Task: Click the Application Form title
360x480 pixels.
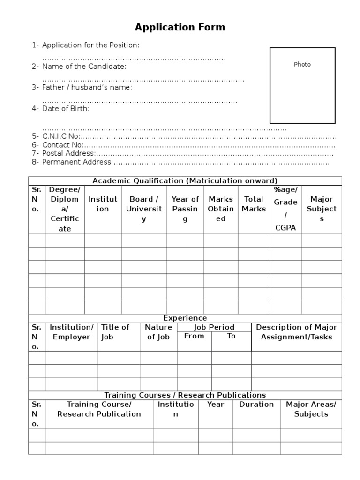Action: pos(180,27)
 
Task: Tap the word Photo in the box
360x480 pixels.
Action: pos(302,64)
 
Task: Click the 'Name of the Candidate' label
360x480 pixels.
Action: pos(84,67)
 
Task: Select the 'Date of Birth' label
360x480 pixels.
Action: pos(66,108)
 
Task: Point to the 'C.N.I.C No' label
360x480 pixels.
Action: pos(61,136)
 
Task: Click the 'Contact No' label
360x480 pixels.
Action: pos(62,145)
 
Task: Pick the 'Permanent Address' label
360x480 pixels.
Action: pos(77,162)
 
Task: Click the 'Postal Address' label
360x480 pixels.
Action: pos(68,153)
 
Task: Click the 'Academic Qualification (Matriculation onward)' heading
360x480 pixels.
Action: pos(185,181)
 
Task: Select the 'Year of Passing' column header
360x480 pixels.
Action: pos(185,209)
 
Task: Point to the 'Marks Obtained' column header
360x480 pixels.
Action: pos(221,209)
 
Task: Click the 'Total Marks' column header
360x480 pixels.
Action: pos(254,204)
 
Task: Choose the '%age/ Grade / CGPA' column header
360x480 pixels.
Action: pos(285,209)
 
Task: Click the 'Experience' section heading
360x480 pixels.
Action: pos(185,318)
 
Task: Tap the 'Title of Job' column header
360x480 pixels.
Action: pos(115,332)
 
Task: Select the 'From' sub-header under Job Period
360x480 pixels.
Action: pos(194,336)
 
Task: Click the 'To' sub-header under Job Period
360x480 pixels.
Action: pos(231,336)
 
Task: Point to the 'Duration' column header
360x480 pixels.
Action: pos(256,404)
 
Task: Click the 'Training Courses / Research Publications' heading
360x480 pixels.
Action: pos(185,395)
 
